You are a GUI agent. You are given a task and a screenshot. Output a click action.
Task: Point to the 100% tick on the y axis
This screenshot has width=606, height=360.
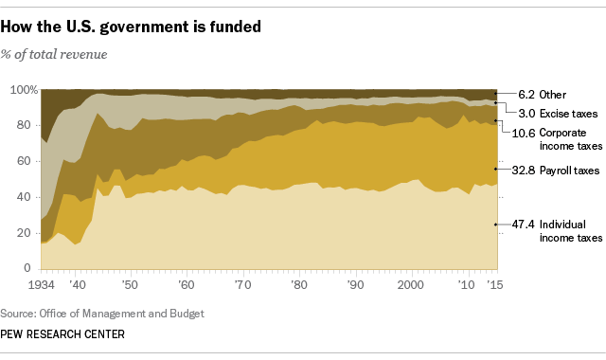click(23, 90)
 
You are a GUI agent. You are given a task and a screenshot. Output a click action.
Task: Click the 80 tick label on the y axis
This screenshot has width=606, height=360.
click(27, 126)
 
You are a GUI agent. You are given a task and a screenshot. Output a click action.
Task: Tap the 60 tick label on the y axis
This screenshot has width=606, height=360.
click(27, 162)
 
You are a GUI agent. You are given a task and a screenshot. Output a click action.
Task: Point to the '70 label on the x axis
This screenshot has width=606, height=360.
click(242, 284)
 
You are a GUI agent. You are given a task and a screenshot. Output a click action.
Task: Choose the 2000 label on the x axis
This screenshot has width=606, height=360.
click(410, 284)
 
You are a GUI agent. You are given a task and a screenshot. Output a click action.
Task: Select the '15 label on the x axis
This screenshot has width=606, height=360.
click(493, 284)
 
